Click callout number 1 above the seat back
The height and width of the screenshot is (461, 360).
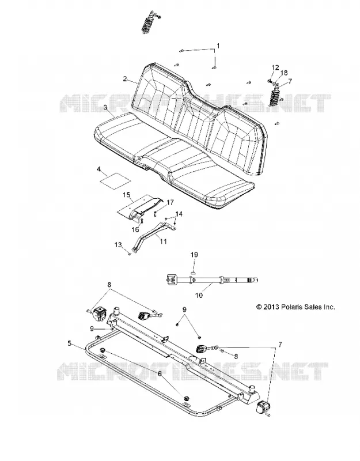tap(218, 46)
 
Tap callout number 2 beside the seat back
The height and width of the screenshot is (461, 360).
tap(125, 78)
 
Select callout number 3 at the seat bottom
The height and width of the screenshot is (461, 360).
tap(105, 108)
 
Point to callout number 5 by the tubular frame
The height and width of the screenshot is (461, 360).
tap(69, 343)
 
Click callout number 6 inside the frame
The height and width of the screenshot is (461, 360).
tap(160, 373)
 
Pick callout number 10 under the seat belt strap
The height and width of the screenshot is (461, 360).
tap(199, 295)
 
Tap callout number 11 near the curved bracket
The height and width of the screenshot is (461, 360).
tap(163, 241)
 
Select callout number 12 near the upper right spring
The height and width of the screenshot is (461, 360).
tap(275, 67)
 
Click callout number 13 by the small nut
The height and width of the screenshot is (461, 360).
tap(118, 244)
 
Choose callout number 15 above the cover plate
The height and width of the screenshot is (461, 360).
tap(126, 194)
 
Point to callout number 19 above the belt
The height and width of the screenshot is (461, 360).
tap(195, 255)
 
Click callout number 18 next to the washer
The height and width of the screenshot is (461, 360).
tap(284, 73)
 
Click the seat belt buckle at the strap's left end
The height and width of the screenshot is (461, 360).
tap(170, 279)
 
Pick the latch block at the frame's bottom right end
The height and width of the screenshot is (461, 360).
tap(263, 406)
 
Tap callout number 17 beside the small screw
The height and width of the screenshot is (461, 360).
tap(170, 203)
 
